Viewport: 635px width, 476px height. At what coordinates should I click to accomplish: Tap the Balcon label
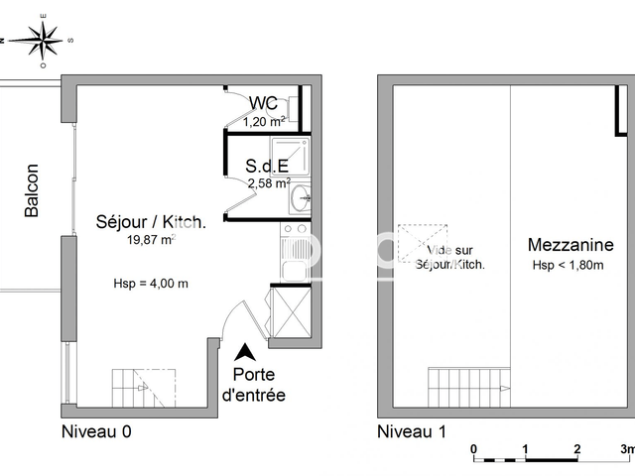(32, 190)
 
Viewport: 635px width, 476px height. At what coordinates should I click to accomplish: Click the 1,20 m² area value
(264, 122)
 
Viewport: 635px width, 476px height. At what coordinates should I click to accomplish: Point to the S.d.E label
(267, 167)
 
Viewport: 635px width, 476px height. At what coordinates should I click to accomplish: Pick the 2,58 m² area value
(267, 183)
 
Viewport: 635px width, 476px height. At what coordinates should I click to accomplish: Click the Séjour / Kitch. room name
(151, 222)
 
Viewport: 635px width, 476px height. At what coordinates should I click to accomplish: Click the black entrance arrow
(244, 351)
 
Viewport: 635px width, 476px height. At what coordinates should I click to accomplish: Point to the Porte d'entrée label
(259, 385)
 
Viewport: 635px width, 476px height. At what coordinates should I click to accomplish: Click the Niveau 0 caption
(96, 431)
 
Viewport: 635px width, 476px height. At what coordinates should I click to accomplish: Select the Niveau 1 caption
(411, 431)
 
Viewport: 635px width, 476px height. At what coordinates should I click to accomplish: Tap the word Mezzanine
(570, 245)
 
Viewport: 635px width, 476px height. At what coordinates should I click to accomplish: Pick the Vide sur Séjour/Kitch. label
(449, 258)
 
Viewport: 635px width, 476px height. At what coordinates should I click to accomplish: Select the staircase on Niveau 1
(460, 385)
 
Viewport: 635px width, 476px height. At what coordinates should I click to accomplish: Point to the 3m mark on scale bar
(626, 449)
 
